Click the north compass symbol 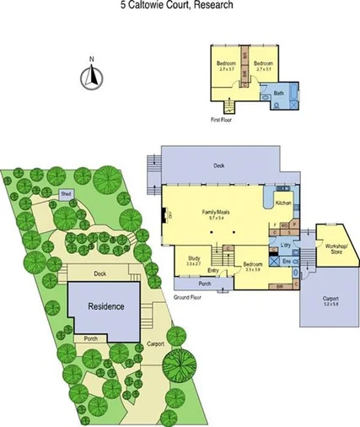point(90,77)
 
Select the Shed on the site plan point(65,194)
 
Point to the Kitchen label point(282,203)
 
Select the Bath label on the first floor point(277,93)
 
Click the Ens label point(286,262)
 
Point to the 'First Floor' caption point(220,120)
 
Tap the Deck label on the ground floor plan point(218,166)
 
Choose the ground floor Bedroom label point(254,264)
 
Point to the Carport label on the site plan point(154,344)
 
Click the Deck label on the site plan point(99,273)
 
